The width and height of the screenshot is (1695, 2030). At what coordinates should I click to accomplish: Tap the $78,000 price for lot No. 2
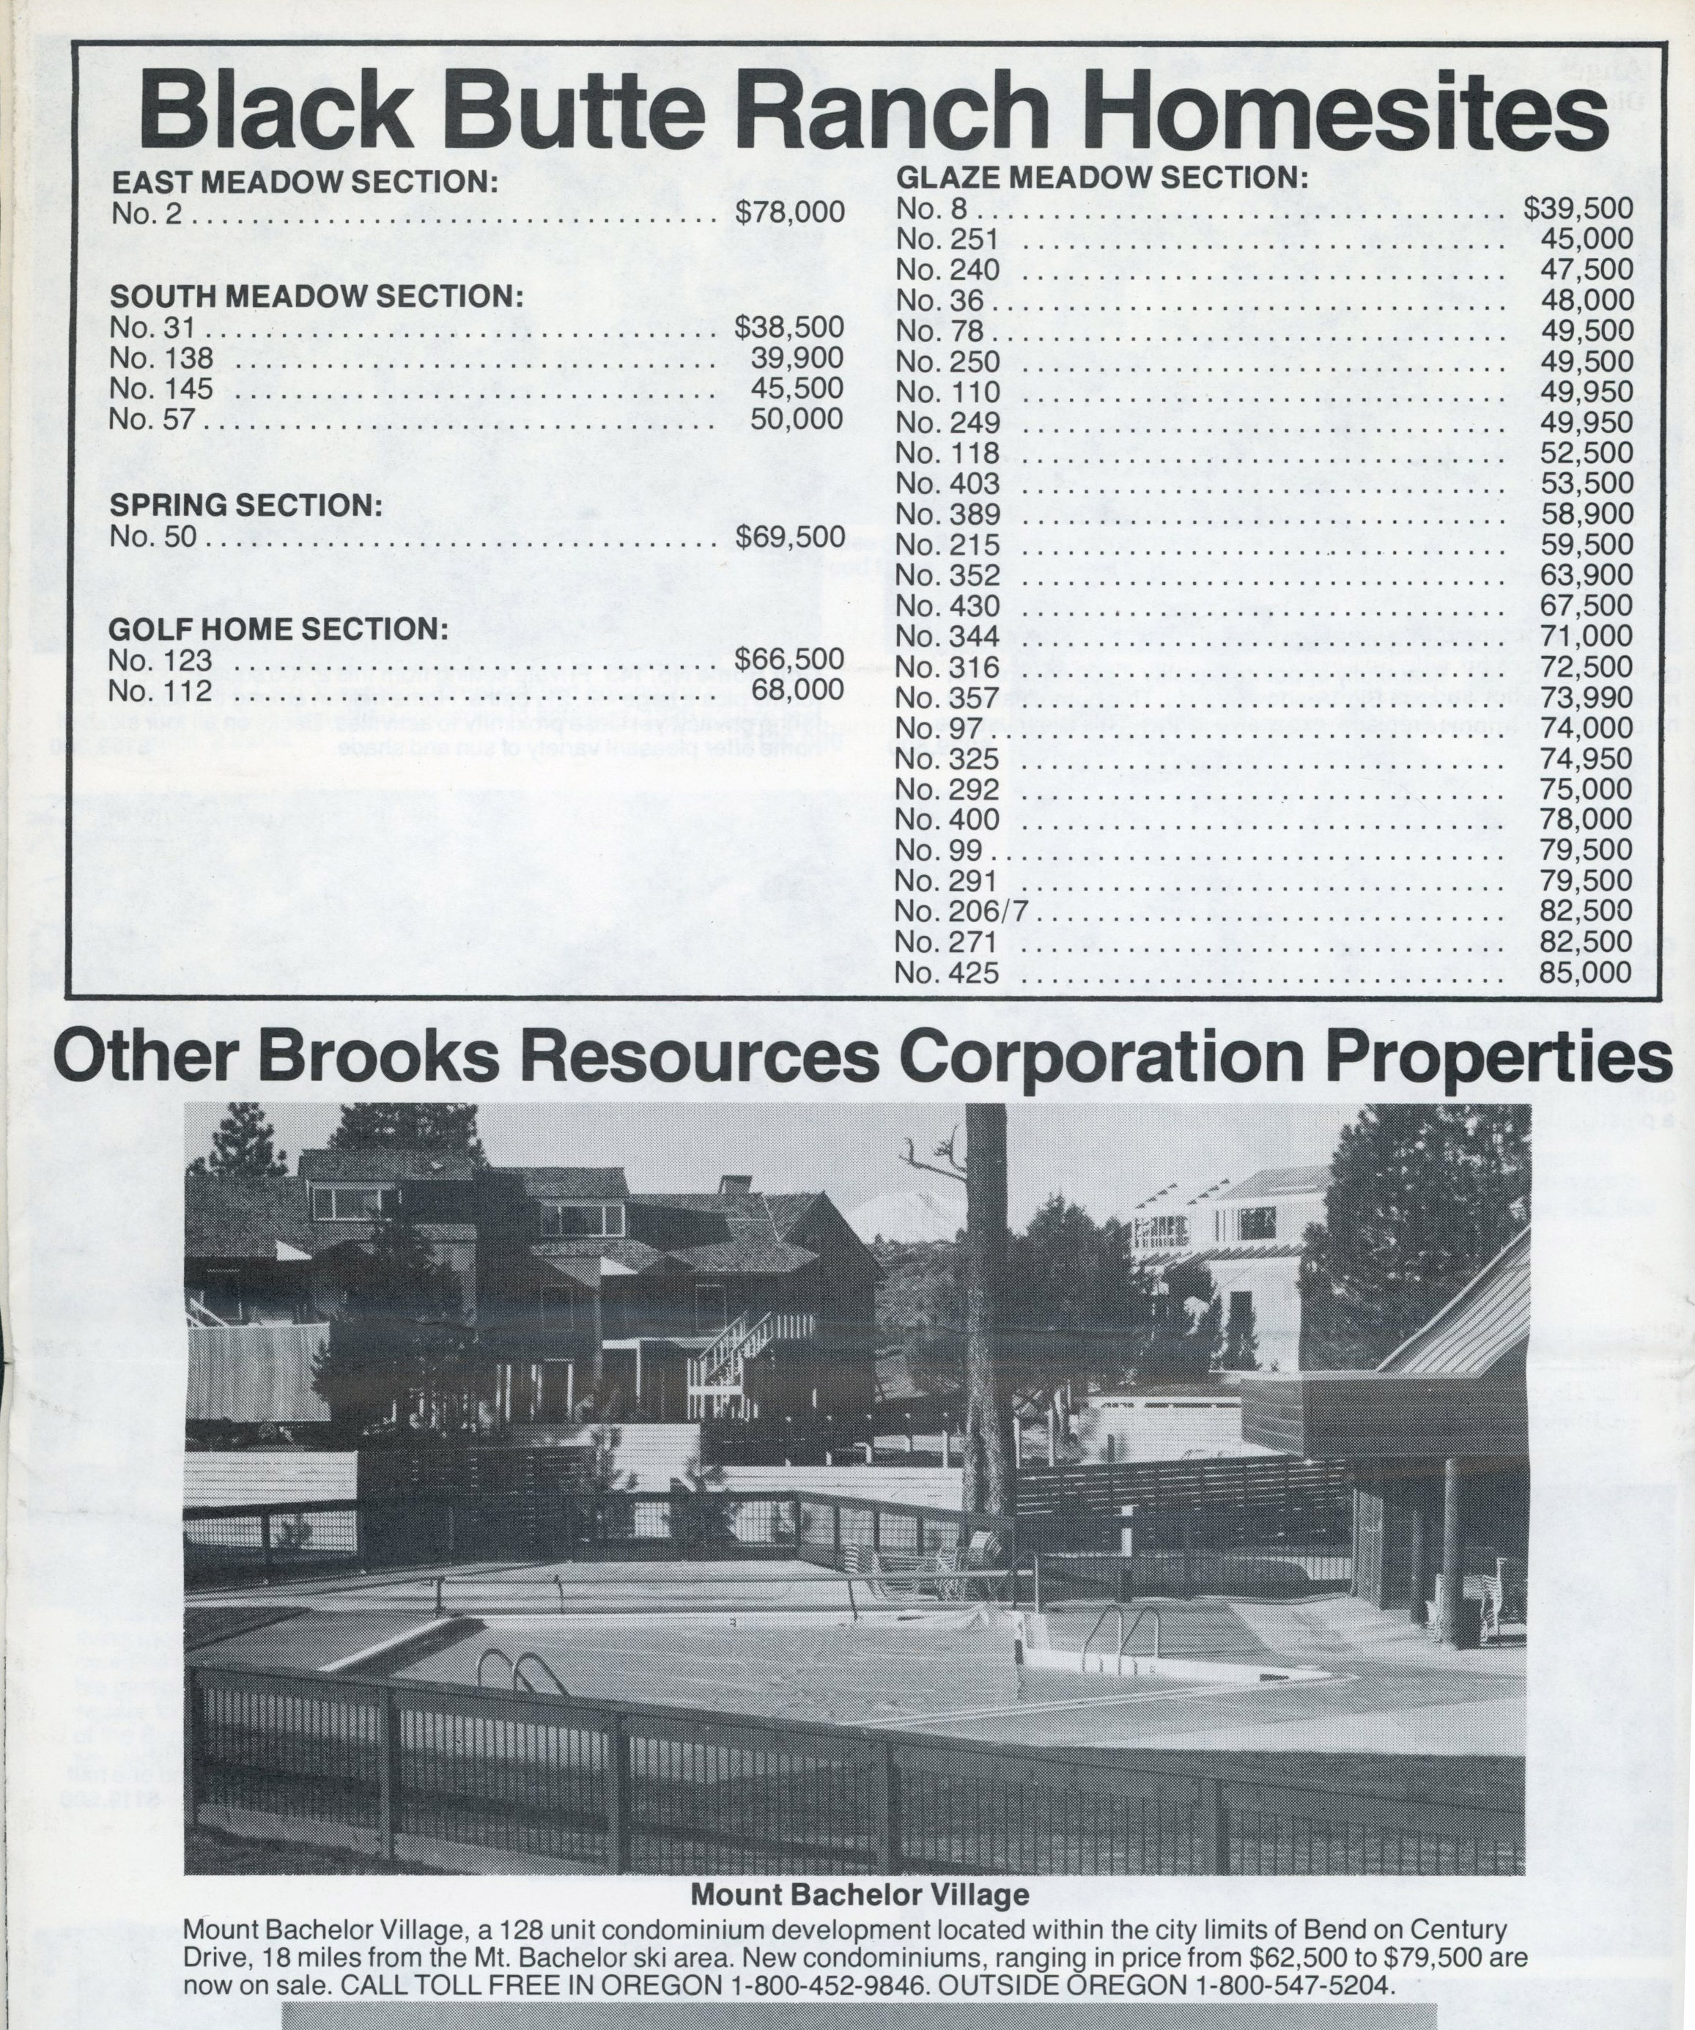789,213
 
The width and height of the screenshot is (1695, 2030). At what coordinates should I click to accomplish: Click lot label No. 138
160,358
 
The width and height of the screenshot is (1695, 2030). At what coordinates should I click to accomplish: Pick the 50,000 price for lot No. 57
797,419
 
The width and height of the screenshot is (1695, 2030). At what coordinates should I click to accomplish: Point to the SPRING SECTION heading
245,505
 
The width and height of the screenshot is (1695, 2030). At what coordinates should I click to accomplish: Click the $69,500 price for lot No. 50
789,536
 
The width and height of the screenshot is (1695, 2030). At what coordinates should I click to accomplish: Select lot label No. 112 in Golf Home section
160,691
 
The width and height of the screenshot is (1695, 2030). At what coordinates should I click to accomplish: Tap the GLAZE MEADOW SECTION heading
1101,178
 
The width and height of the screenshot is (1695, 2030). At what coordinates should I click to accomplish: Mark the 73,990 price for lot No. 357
1586,697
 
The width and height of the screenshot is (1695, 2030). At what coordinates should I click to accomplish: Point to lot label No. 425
946,972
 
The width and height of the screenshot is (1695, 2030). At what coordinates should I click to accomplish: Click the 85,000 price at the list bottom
1586,972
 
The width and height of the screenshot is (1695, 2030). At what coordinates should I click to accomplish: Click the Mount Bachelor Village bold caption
859,1894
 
